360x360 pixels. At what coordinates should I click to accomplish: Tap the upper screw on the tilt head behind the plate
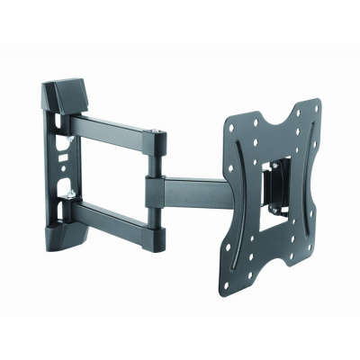coord(274,167)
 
